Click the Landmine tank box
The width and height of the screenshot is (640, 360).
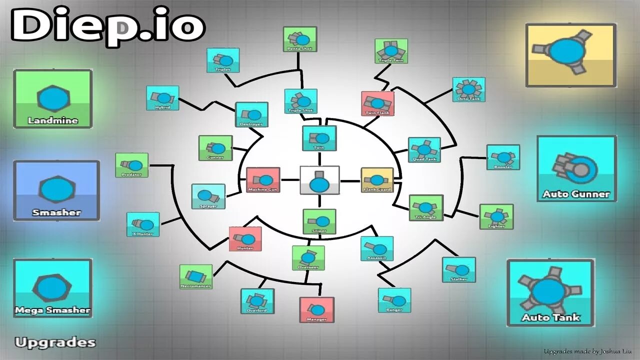point(52,98)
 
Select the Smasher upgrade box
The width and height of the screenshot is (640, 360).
point(56,190)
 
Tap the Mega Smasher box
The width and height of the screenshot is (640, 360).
point(52,288)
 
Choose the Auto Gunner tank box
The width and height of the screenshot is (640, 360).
point(576,169)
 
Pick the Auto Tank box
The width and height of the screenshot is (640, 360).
point(550,293)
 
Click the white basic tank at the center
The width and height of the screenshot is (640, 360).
point(319,180)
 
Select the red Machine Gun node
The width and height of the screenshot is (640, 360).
point(263,180)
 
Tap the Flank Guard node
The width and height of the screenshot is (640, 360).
point(377,180)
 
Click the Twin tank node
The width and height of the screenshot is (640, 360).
point(319,138)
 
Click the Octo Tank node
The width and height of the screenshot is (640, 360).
point(468,89)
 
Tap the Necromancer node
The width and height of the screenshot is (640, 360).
point(195,276)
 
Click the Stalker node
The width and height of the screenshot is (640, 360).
point(458,269)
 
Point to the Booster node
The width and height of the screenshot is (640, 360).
point(503,157)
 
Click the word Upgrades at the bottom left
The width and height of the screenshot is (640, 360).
point(55,342)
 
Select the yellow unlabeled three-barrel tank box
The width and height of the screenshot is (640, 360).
point(570,55)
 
